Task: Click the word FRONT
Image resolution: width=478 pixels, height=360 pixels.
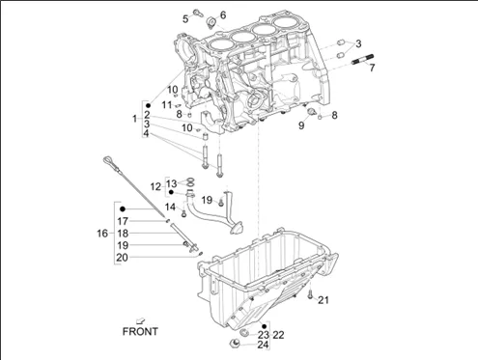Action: coord(140,331)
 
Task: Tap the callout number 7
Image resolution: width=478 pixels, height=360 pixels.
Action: coord(372,68)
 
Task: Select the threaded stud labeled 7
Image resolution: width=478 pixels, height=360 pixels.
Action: coord(363,59)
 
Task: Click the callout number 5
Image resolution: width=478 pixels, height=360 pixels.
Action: coord(185,19)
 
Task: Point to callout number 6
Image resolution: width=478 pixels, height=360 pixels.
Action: coord(223,14)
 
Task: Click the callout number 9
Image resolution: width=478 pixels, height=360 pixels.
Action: coord(301,125)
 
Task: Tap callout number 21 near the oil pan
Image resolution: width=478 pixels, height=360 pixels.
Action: coord(323,300)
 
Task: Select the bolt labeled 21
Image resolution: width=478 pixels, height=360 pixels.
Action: coord(310,293)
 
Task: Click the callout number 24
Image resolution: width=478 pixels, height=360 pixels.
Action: coord(263,345)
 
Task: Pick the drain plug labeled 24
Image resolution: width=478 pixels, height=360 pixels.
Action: coord(235,343)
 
